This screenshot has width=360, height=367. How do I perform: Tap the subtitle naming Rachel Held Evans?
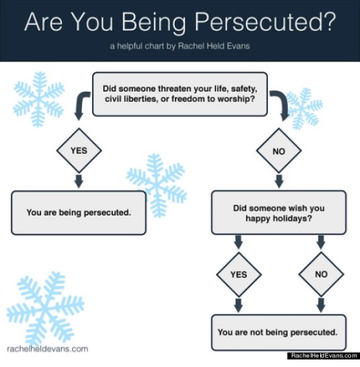(x=180, y=47)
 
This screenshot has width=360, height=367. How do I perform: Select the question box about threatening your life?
(x=178, y=93)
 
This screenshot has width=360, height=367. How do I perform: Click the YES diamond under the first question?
(x=79, y=150)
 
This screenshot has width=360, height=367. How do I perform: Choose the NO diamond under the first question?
(x=279, y=150)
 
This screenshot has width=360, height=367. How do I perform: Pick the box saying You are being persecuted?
(x=79, y=212)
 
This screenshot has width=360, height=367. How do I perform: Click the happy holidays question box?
(x=279, y=213)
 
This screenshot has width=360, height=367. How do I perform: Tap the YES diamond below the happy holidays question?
(x=239, y=275)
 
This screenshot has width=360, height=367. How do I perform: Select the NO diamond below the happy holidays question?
(x=320, y=275)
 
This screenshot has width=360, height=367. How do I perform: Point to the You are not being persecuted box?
(x=279, y=331)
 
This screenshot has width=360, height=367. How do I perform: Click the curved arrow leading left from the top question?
(x=82, y=104)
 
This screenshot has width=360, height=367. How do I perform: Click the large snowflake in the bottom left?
(x=45, y=306)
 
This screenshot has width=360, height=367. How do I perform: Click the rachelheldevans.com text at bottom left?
(x=47, y=349)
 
